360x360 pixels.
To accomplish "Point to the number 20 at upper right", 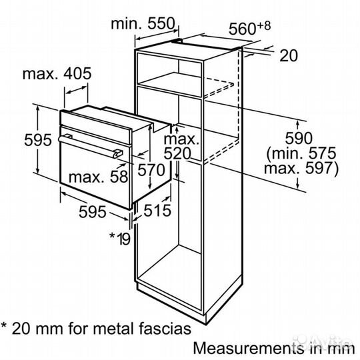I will tap(287, 56).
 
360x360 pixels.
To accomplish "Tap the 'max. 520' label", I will tap(181, 147).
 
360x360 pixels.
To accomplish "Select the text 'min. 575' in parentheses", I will tap(303, 155).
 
